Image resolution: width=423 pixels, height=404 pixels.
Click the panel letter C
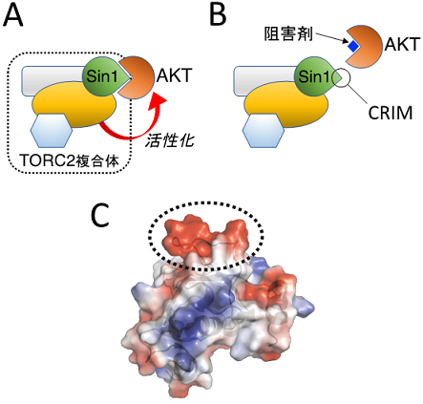click(x=100, y=216)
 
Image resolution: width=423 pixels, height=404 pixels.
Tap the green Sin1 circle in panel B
click(x=314, y=76)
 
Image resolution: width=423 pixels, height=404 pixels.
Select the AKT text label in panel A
click(x=174, y=76)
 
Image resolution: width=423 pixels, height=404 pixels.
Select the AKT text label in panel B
click(x=402, y=44)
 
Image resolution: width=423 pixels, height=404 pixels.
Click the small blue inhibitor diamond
click(x=353, y=47)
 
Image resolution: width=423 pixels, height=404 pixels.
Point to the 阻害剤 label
click(x=288, y=33)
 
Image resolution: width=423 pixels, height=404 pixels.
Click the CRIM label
click(x=391, y=113)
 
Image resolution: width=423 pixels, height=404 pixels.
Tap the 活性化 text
click(x=170, y=140)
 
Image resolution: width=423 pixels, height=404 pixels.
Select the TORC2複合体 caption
click(x=70, y=160)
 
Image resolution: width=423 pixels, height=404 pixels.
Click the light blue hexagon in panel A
click(x=51, y=131)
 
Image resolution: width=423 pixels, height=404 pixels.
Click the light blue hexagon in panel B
click(x=263, y=131)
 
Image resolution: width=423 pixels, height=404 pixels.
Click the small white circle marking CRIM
click(x=341, y=77)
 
